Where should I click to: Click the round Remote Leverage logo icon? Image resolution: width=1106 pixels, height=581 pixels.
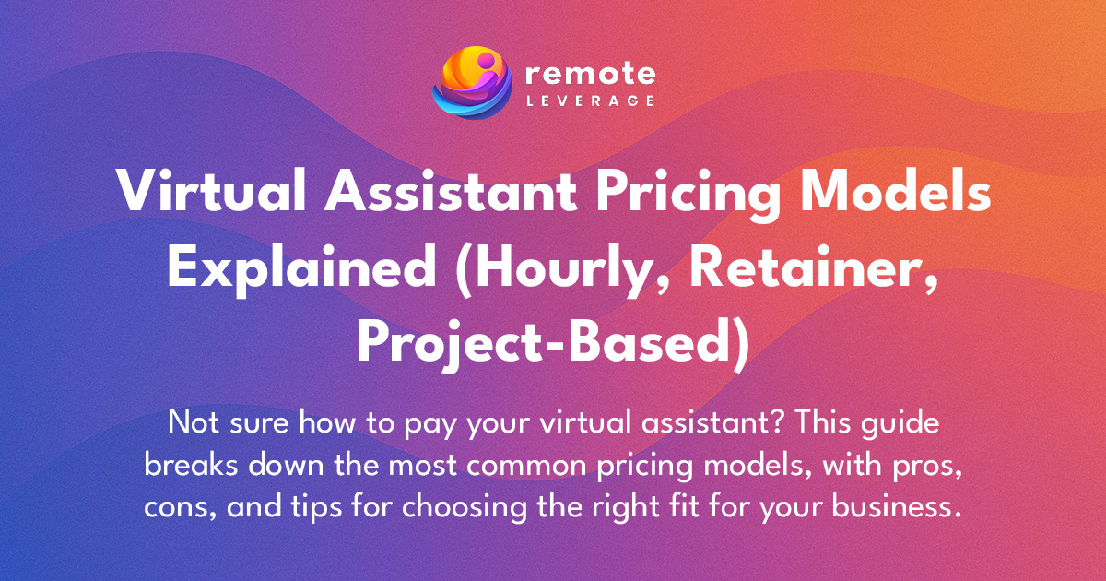pyautogui.click(x=472, y=82)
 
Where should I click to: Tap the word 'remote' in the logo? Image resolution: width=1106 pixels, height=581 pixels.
pyautogui.click(x=590, y=74)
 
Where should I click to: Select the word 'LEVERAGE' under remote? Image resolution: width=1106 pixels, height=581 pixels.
pyautogui.click(x=591, y=101)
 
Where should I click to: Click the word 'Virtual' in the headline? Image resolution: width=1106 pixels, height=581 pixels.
pyautogui.click(x=211, y=191)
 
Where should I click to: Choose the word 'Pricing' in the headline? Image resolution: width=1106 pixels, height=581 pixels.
pyautogui.click(x=688, y=195)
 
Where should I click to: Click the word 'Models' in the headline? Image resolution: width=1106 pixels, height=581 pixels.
pyautogui.click(x=895, y=191)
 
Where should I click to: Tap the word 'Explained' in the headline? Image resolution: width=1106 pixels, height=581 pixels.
pyautogui.click(x=301, y=270)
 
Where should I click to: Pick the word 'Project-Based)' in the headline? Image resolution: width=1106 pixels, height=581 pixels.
pyautogui.click(x=554, y=345)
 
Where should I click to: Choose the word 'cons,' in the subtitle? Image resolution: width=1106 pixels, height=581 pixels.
pyautogui.click(x=181, y=509)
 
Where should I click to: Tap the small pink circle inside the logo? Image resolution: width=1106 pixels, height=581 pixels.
pyautogui.click(x=486, y=60)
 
